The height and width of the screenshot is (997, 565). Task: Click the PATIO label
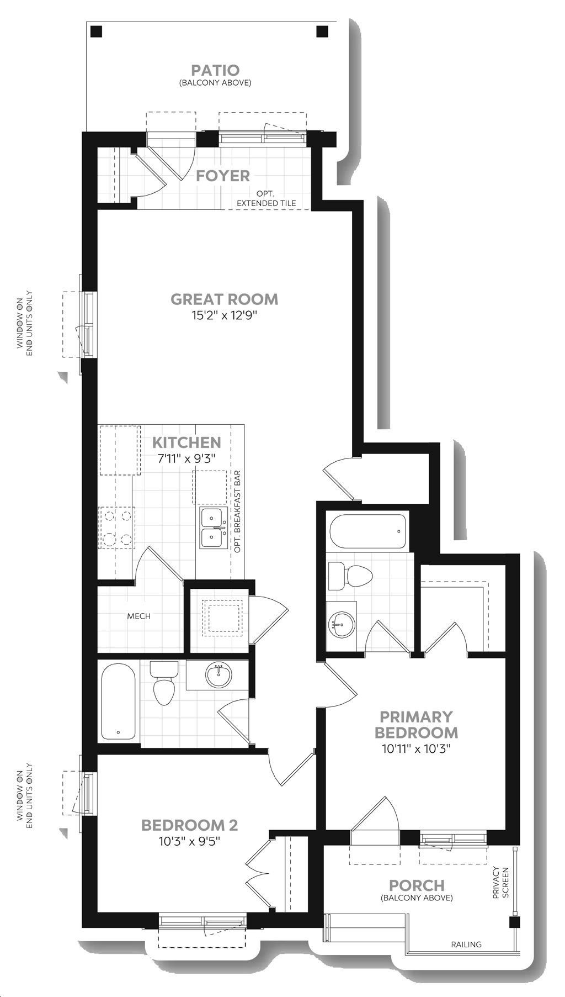(215, 70)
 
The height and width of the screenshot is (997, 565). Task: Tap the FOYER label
(223, 176)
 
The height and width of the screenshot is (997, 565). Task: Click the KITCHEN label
(186, 442)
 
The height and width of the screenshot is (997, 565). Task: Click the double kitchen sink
(214, 528)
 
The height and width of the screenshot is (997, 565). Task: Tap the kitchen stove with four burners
(116, 527)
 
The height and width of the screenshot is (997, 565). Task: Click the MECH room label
(138, 616)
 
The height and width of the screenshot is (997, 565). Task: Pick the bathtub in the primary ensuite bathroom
(368, 532)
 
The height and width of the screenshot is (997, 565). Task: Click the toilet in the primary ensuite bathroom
(350, 576)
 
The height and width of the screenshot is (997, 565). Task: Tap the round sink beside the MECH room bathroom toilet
(218, 675)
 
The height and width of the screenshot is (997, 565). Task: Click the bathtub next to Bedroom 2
(118, 701)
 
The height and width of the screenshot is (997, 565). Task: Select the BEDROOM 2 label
(189, 825)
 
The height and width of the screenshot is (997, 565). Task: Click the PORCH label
(417, 885)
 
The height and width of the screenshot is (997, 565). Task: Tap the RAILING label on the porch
(466, 945)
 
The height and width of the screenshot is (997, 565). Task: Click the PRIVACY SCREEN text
(500, 883)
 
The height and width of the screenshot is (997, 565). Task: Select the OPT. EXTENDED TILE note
(266, 199)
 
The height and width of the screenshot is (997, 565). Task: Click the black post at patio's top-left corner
(97, 31)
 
